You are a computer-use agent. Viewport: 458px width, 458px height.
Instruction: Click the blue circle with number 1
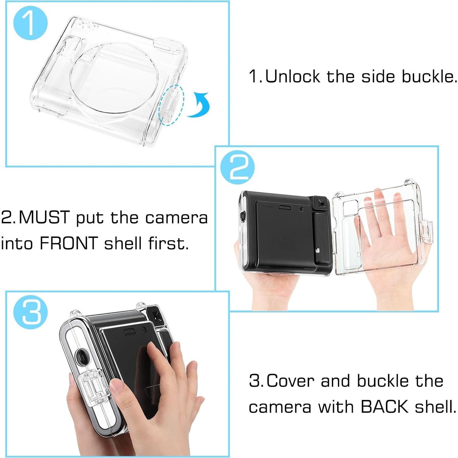(30, 23)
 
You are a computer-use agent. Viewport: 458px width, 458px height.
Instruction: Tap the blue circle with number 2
(237, 168)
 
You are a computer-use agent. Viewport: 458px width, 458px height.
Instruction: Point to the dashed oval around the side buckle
(171, 105)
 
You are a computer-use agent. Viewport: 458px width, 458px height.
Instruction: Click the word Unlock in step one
(292, 76)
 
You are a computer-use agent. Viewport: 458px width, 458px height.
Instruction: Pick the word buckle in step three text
(383, 381)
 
